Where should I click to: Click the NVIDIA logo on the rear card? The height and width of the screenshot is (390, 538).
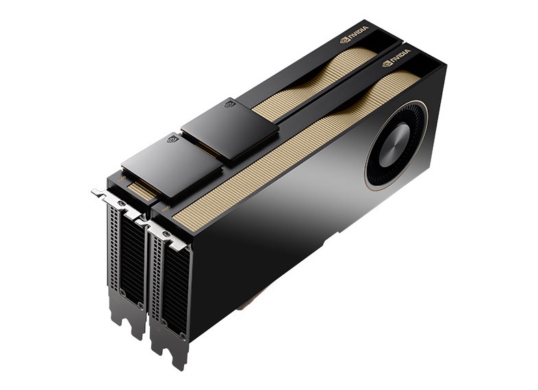coord(354,34)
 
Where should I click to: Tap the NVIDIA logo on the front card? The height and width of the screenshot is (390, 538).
coord(396,58)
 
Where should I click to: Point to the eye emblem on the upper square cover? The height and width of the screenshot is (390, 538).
coord(230,103)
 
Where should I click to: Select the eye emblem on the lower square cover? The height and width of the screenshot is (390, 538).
coord(172,139)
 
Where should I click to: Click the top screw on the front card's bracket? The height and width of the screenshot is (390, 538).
coord(166,234)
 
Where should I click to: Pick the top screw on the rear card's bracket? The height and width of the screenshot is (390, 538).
coord(120,204)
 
